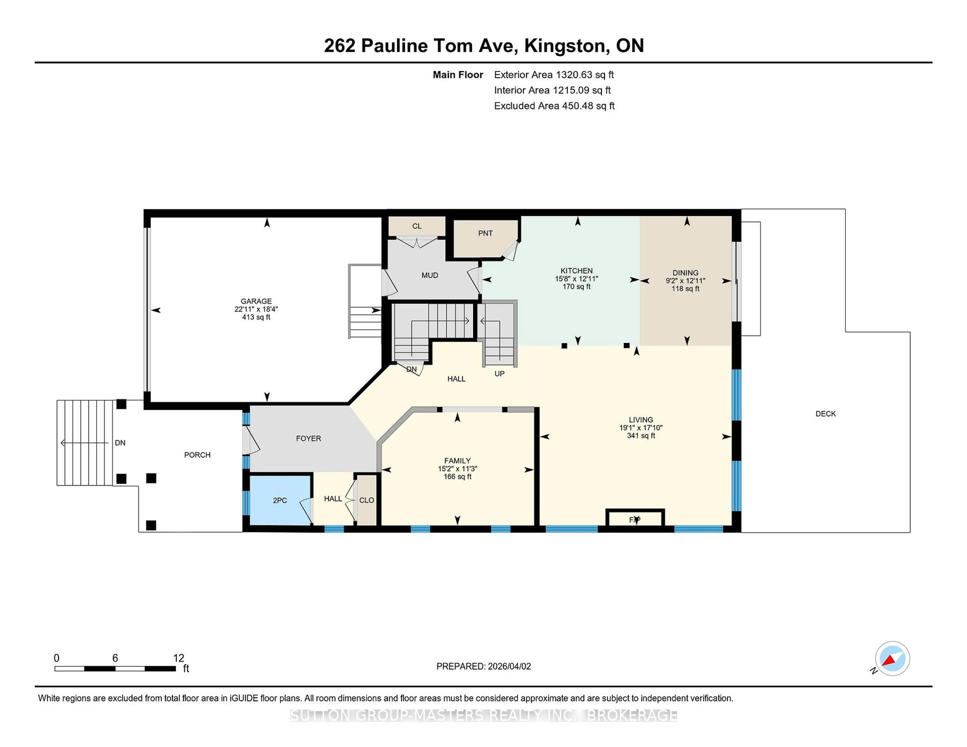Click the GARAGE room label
tap(256, 301)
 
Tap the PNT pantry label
tap(485, 233)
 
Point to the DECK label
tap(825, 414)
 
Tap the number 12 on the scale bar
tap(179, 658)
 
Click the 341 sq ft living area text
tap(641, 435)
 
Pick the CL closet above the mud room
tap(417, 226)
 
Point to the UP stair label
tap(499, 373)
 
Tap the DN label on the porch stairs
tap(120, 442)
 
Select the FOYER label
tap(308, 438)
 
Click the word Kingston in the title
tap(565, 46)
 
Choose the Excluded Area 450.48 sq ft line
tap(554, 106)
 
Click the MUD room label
tap(429, 275)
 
